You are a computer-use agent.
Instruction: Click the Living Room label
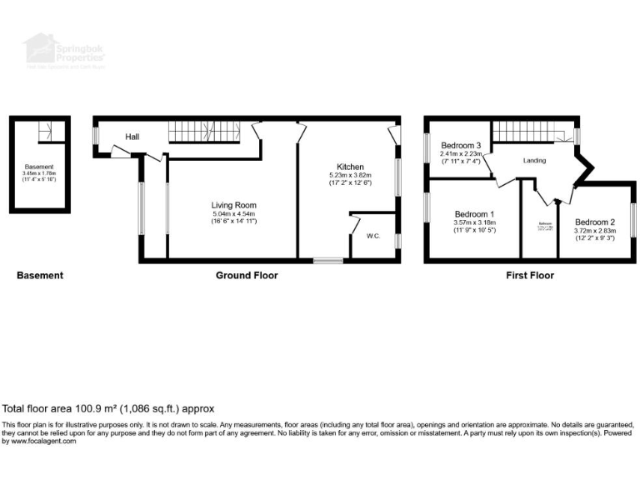[x=232, y=205]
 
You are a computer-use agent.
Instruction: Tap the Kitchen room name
[x=349, y=166]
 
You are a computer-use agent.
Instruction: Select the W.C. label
[x=373, y=236]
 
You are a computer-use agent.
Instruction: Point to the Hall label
[x=132, y=137]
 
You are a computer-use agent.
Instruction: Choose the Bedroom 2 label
[x=595, y=222]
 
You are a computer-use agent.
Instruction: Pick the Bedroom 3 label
[x=461, y=145]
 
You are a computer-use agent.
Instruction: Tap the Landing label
[x=534, y=160]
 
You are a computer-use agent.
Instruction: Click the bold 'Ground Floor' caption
[x=247, y=275]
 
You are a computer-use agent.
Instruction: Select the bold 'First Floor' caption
[x=529, y=275]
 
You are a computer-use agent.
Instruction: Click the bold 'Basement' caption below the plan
[x=39, y=275]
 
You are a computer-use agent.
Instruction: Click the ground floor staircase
[x=204, y=132]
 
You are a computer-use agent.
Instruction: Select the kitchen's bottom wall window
[x=327, y=261]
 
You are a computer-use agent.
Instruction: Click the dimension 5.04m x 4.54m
[x=232, y=214]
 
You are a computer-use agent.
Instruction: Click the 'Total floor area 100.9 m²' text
[x=108, y=409]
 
